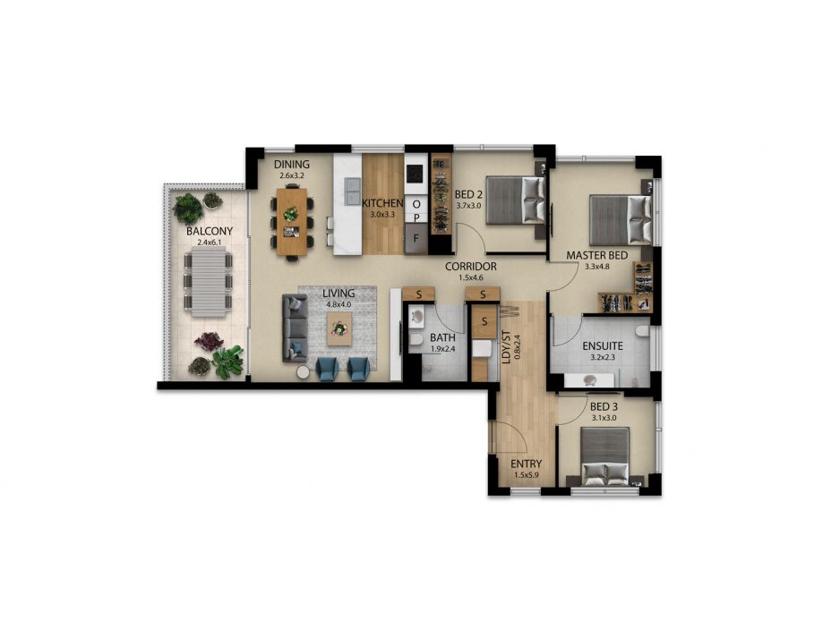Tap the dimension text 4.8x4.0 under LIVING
pyautogui.click(x=339, y=304)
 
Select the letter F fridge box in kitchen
pyautogui.click(x=416, y=239)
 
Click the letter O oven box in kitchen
pyautogui.click(x=416, y=203)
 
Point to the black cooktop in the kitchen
pyautogui.click(x=416, y=174)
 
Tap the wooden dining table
pyautogui.click(x=292, y=222)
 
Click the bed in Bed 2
pyautogui.click(x=516, y=200)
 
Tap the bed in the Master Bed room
pyautogui.click(x=621, y=220)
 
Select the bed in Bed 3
pyautogui.click(x=605, y=455)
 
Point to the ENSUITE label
pyautogui.click(x=603, y=345)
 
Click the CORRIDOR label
pyautogui.click(x=471, y=266)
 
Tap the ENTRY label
pyautogui.click(x=526, y=464)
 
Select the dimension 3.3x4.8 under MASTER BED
pyautogui.click(x=596, y=266)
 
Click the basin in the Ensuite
pyautogui.click(x=589, y=380)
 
